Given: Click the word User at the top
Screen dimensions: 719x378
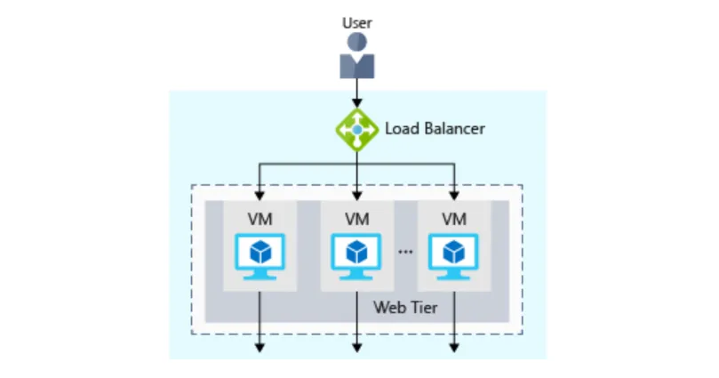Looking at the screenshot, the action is (356, 22).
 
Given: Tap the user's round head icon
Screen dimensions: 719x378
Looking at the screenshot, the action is (356, 42).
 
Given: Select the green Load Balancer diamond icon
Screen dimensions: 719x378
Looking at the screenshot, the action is (356, 130).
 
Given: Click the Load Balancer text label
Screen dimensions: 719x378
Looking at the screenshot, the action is (435, 128).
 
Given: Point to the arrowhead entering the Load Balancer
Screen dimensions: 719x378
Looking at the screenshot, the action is (356, 103).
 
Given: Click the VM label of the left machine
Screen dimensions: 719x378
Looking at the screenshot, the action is (260, 219).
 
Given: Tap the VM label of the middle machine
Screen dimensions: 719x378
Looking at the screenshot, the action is (356, 219).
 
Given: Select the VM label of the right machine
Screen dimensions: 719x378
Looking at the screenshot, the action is (454, 219).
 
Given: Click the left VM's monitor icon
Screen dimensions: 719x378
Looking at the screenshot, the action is (260, 256).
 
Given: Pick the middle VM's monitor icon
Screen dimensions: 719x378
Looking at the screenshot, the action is (356, 256).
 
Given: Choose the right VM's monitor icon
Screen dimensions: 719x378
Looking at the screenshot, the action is (454, 256).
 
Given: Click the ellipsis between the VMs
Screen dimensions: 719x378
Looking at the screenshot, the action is (405, 252).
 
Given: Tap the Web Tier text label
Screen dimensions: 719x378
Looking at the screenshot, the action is (405, 307).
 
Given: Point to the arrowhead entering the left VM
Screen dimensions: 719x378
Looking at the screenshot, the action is (260, 196).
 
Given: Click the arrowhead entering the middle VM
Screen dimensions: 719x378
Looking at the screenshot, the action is (356, 196).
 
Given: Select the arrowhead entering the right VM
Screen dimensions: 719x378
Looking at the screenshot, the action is (454, 196).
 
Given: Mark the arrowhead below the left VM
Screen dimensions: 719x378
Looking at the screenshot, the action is (260, 348).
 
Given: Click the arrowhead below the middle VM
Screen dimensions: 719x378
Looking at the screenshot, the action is (356, 348).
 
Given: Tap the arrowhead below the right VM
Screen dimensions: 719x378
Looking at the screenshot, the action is (454, 348).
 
